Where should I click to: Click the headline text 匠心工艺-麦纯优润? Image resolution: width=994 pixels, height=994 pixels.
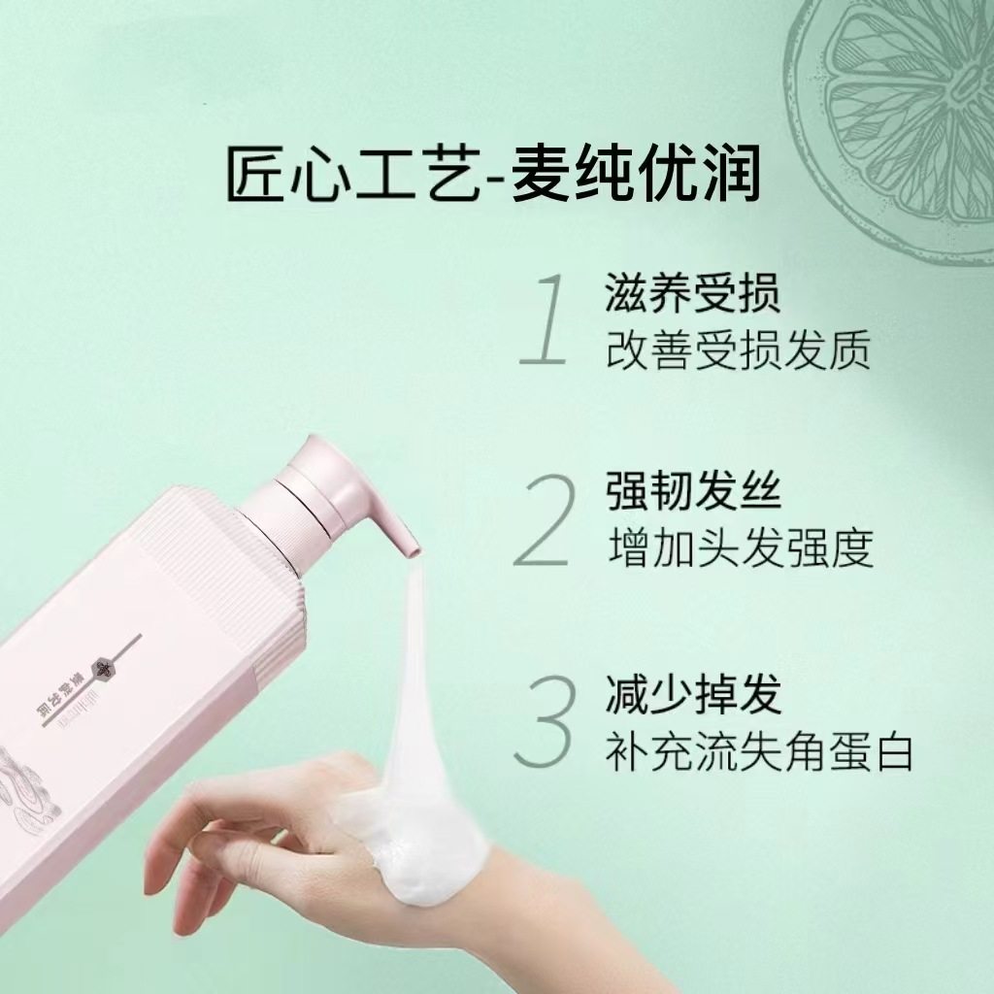493,174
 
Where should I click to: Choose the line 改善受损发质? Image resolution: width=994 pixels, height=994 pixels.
738,349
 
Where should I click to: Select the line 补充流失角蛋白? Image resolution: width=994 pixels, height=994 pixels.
760,752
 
